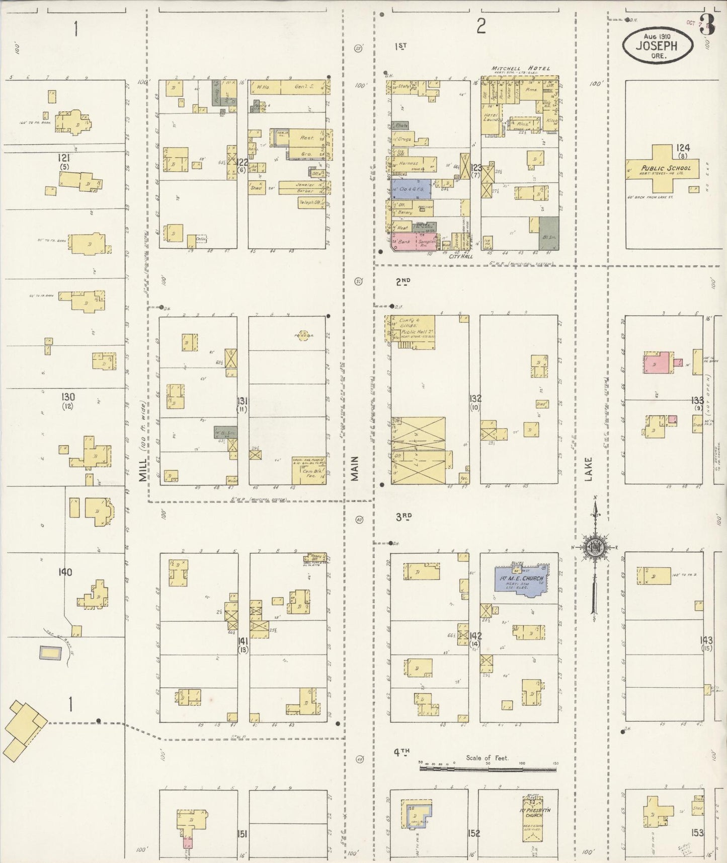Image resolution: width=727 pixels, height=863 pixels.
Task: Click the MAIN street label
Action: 355,468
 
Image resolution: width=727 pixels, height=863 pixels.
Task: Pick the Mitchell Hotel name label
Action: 521,68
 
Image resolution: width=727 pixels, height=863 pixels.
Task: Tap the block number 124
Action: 682,148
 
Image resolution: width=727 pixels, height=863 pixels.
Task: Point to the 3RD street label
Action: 403,516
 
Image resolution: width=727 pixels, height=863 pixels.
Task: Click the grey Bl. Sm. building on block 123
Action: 549,234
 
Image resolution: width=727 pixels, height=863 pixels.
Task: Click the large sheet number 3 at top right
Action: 707,24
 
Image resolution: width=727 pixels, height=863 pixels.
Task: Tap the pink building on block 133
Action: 657,363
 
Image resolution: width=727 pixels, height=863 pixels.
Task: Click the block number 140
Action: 65,572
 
